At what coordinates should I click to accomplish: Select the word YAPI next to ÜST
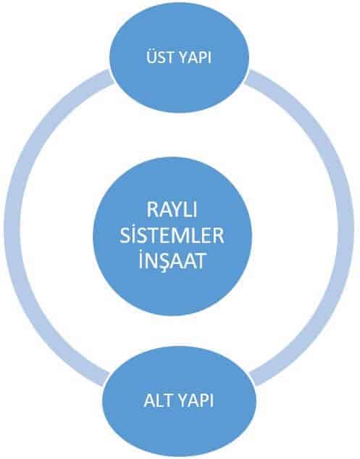[195, 57]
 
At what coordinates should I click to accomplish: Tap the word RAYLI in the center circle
[172, 210]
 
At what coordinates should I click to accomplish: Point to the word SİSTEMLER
[172, 235]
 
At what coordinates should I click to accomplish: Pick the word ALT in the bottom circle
[159, 400]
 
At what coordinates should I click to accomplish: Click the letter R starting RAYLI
[152, 210]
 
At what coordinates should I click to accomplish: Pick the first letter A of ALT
[149, 400]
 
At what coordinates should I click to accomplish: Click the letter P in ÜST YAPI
[201, 57]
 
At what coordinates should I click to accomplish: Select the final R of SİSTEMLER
[219, 236]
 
